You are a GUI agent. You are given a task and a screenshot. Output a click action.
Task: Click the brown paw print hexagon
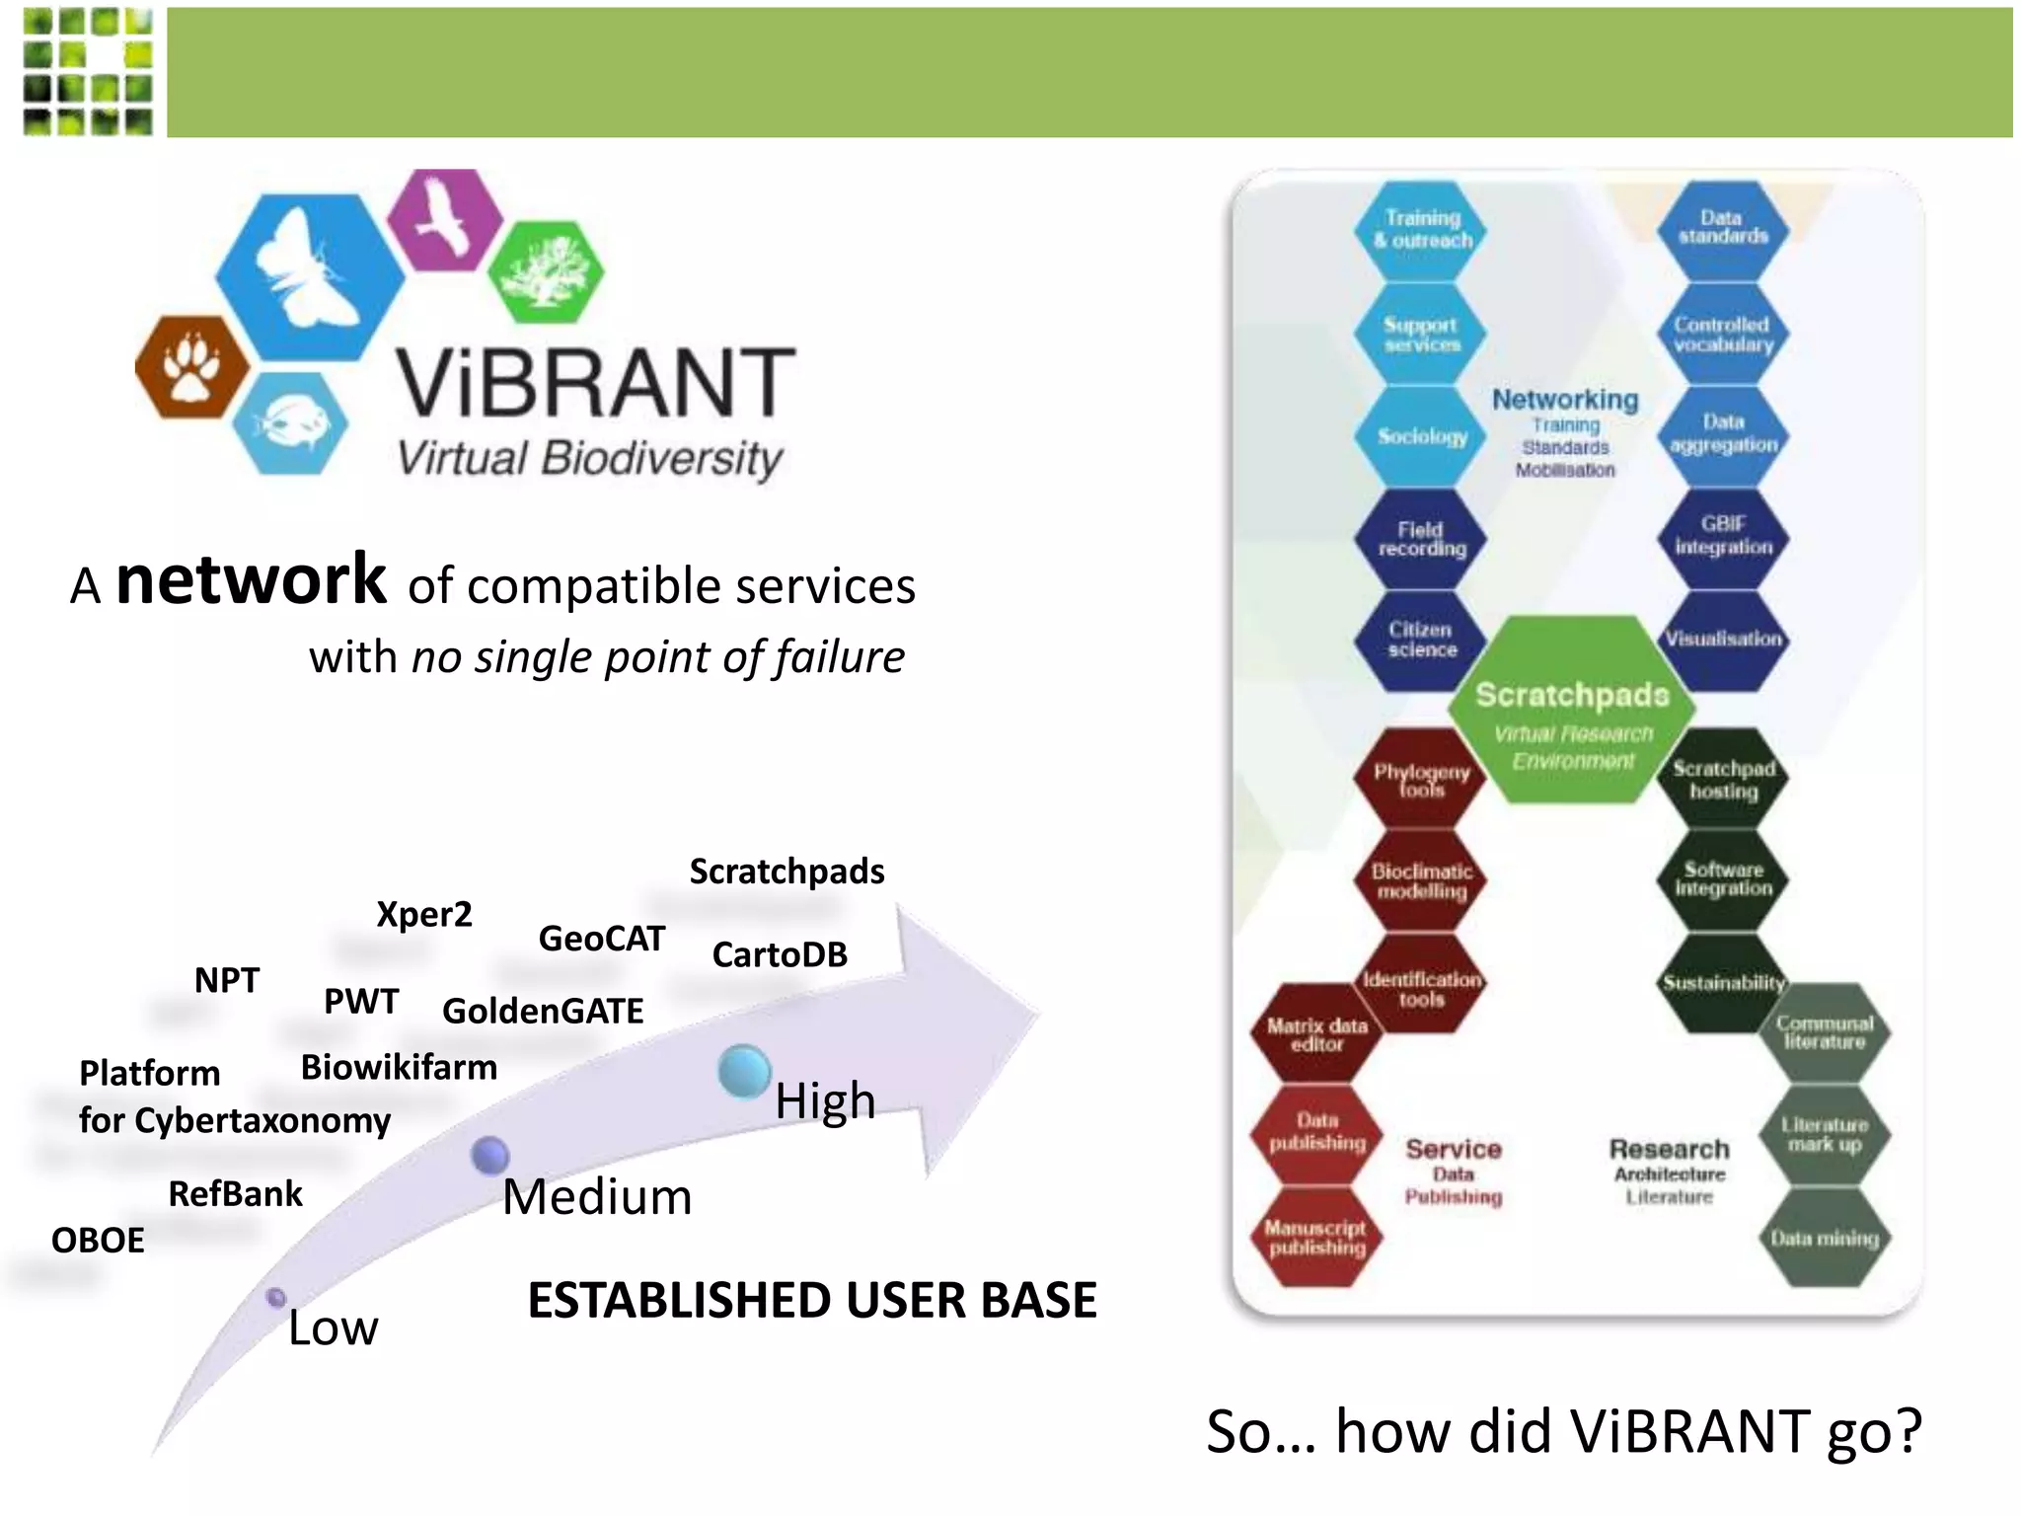coord(192,368)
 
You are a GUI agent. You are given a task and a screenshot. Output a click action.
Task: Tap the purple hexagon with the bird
coord(445,219)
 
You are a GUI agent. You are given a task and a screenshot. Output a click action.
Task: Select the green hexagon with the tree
coord(546,272)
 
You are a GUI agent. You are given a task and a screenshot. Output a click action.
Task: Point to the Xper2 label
coord(424,914)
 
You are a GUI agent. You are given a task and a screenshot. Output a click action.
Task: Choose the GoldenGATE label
coord(543,1011)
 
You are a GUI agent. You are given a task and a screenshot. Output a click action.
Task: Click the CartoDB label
coord(780,954)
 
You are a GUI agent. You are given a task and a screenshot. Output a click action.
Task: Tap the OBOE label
coord(98,1240)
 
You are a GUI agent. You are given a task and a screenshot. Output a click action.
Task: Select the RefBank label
coord(235,1193)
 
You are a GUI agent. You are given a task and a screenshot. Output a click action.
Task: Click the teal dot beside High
coord(744,1071)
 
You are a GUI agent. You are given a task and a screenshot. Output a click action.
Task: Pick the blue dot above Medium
coord(489,1155)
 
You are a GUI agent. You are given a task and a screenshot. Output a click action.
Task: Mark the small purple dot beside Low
coord(276,1297)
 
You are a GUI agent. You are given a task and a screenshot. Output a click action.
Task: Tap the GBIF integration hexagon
coord(1723,536)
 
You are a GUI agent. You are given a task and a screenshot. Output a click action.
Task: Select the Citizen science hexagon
coord(1421,640)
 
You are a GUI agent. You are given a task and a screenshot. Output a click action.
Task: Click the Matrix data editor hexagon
coord(1316,1034)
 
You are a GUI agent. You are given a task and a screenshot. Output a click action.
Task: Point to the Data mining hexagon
coord(1824,1238)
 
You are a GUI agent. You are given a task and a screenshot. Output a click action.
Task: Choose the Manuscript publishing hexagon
coord(1316,1238)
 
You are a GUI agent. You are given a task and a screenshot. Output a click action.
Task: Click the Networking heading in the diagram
coord(1565,400)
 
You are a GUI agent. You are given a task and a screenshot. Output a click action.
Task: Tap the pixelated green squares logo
coord(88,71)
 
